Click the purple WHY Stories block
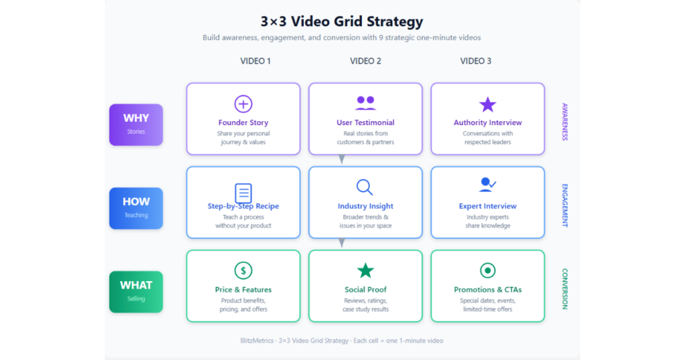point(136,125)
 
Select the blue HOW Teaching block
point(136,208)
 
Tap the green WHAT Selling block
point(136,292)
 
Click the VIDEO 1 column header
point(256,61)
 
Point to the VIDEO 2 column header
point(366,61)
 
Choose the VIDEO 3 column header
point(476,61)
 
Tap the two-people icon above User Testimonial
point(366,103)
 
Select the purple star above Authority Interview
point(488,104)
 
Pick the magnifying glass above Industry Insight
point(365,187)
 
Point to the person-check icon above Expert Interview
point(487,185)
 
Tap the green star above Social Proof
point(366,271)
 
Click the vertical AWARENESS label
point(565,122)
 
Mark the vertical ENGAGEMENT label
point(565,205)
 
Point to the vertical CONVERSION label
point(565,289)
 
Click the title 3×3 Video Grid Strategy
point(342,21)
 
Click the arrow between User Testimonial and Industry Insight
point(342,159)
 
